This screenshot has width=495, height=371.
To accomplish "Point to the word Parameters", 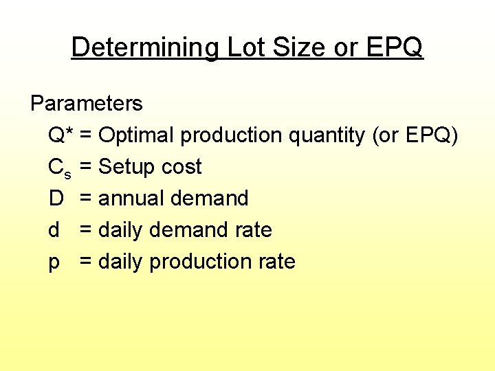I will tap(87, 104).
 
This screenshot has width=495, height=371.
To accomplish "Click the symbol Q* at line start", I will tap(60, 135).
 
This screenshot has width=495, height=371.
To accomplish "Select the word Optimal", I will tap(137, 135).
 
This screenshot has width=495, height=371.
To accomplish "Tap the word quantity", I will tap(327, 136).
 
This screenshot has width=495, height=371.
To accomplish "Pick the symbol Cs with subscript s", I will tap(59, 168).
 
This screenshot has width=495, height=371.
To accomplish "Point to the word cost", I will tap(181, 167).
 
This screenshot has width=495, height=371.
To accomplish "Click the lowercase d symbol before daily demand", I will tap(54, 230).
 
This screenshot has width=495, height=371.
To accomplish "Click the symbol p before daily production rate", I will tap(54, 262).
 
